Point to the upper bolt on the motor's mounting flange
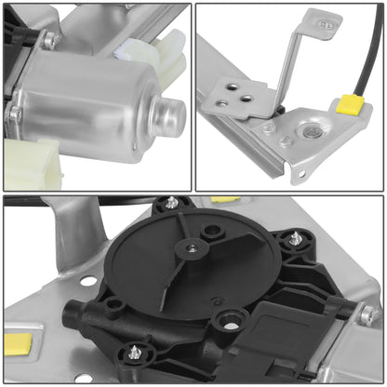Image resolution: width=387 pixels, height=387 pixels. click(x=50, y=40)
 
